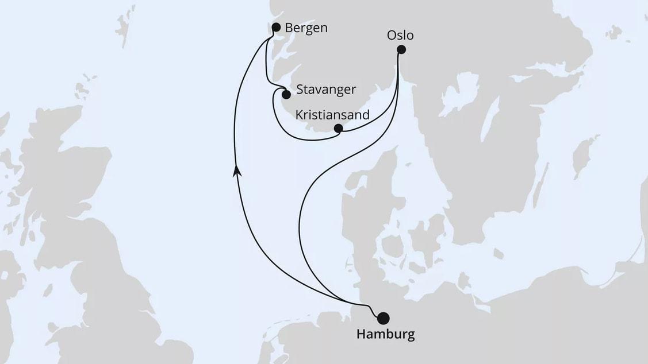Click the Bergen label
coord(307,28)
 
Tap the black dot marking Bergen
coord(275,27)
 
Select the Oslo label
coord(400,35)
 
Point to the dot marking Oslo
coord(401,50)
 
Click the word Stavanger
coord(327,90)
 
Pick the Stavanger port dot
coord(286,94)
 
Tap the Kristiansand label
coord(332,114)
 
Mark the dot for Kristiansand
coord(339,128)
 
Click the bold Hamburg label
coord(385,334)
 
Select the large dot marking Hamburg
coord(382,317)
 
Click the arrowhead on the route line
coord(236,170)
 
